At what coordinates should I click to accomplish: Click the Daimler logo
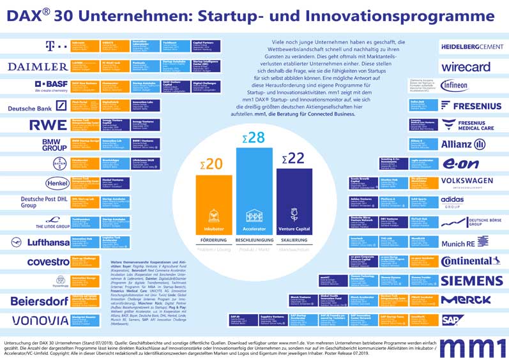(x=38, y=66)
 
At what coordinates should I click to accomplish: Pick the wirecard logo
(x=466, y=66)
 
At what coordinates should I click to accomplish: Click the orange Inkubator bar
(x=214, y=204)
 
